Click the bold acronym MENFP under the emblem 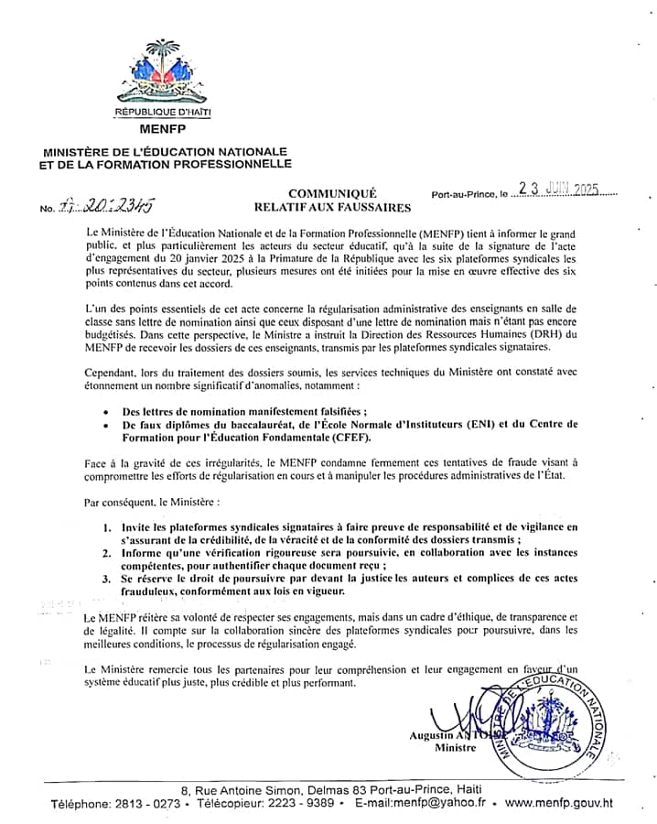(162, 129)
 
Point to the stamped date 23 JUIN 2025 (557, 190)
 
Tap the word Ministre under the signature (456, 748)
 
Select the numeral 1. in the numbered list (107, 527)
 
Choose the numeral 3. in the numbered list (107, 580)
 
